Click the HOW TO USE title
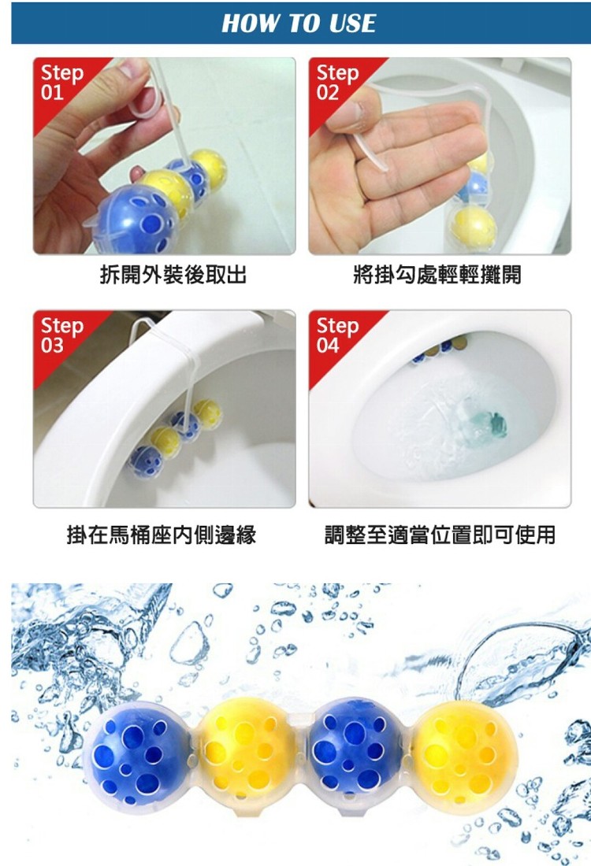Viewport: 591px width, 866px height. (299, 23)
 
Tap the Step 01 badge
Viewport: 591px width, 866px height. (61, 83)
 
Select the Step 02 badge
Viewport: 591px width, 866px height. (337, 83)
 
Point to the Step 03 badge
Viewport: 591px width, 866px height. (61, 335)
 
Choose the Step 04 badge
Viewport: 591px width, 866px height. (337, 335)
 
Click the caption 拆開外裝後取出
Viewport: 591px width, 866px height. (173, 275)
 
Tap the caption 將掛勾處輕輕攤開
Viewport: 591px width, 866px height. (437, 275)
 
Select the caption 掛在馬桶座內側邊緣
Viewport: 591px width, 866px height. (162, 535)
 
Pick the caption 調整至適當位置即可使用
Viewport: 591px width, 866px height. (440, 535)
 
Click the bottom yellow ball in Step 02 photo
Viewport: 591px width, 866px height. (474, 227)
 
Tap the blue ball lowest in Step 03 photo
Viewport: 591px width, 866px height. (146, 461)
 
